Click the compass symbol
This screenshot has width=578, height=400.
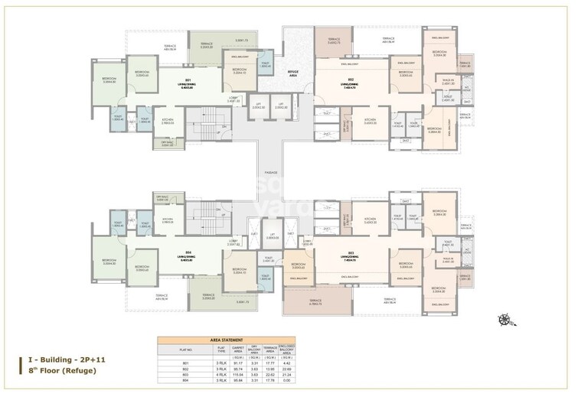point(504,320)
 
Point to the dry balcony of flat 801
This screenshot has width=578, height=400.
point(167,142)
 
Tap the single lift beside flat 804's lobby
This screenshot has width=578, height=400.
point(272,237)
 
